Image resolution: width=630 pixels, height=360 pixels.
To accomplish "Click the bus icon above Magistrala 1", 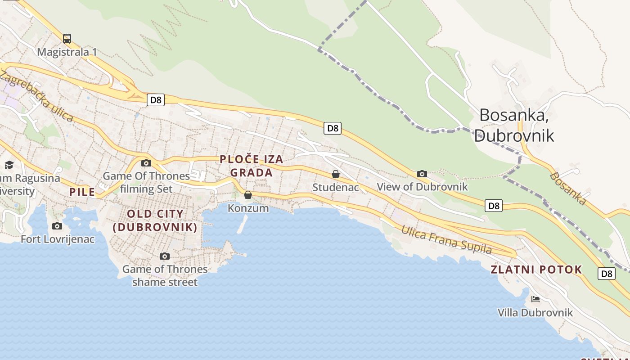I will pos(67,39).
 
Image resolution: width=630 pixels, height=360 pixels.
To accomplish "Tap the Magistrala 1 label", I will pos(67,52).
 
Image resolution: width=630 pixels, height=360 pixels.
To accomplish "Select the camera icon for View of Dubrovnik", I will pos(422,174).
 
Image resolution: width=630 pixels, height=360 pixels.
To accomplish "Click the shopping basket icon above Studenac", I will pos(336,174).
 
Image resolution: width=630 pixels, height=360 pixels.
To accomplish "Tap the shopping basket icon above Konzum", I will pos(248,195).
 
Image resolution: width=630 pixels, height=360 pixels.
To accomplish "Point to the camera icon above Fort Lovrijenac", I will pos(57,226).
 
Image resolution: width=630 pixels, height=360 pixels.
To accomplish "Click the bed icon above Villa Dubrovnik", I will pos(535,299).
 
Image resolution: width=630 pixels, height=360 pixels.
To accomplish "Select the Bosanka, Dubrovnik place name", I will pos(514,125).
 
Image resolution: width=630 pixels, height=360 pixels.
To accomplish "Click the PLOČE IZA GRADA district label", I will pos(252,166).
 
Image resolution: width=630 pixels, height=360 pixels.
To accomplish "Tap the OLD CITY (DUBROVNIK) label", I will pos(155,220).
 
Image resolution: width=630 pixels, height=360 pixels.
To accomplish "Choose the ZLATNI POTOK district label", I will pos(536,270).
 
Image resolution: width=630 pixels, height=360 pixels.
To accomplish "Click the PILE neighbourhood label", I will pos(82,192).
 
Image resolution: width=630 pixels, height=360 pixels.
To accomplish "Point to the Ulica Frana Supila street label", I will pos(446,240).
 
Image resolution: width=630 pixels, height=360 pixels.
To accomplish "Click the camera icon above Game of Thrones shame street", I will pos(165,256).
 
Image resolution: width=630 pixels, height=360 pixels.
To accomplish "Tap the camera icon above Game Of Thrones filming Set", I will pos(146,163).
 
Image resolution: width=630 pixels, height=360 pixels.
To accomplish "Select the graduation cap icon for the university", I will pos(9,165).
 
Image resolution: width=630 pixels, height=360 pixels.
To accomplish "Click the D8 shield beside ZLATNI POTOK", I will pos(606,273).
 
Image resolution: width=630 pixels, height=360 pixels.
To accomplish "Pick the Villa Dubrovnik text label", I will pos(535,312).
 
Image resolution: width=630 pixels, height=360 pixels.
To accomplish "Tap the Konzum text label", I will pos(248,208).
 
